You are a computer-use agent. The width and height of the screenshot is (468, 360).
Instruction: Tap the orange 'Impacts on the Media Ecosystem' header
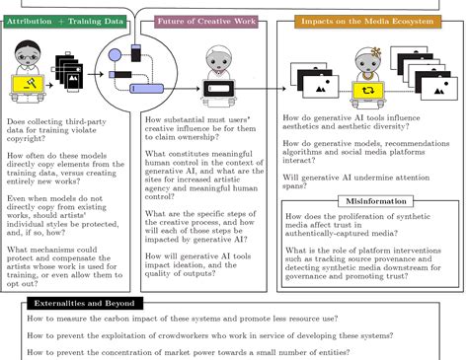click(x=354, y=20)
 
